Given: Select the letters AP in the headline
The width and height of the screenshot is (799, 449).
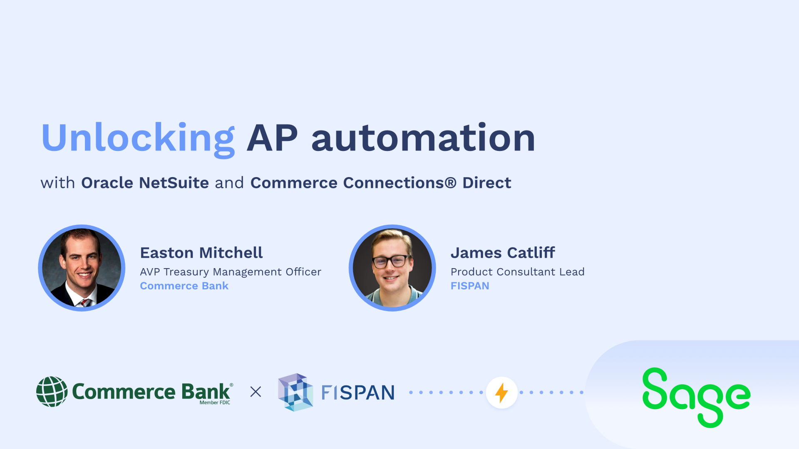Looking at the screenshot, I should pyautogui.click(x=273, y=138).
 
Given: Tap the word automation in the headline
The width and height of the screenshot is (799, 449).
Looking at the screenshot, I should pyautogui.click(x=423, y=138).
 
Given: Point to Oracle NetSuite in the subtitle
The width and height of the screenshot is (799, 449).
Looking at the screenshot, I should pyautogui.click(x=145, y=183).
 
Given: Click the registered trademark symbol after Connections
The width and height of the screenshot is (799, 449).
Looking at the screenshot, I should pyautogui.click(x=450, y=183).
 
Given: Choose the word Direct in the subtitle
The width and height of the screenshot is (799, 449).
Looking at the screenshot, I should pyautogui.click(x=486, y=183).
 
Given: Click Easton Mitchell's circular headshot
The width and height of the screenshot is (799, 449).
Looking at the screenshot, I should pyautogui.click(x=82, y=268).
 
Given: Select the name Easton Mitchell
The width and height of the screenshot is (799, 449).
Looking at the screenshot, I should pyautogui.click(x=201, y=253).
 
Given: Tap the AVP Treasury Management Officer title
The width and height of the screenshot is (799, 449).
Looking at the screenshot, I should pyautogui.click(x=231, y=272).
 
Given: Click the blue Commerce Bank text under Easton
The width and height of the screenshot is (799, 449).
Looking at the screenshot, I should pyautogui.click(x=184, y=286).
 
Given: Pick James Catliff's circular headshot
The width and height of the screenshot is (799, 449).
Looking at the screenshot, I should pyautogui.click(x=392, y=268).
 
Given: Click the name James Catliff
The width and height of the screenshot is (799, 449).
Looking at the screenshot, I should pyautogui.click(x=503, y=253).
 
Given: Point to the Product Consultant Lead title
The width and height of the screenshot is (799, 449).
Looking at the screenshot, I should pyautogui.click(x=517, y=272).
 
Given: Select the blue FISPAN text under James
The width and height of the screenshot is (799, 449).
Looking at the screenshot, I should pyautogui.click(x=470, y=286).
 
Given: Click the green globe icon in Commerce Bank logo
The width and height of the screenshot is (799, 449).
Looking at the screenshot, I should pyautogui.click(x=52, y=392).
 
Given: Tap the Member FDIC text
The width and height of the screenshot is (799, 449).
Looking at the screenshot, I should pyautogui.click(x=215, y=402).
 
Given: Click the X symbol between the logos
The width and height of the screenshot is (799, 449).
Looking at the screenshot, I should pyautogui.click(x=256, y=392).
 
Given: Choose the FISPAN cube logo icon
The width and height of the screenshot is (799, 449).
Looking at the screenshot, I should pyautogui.click(x=295, y=392).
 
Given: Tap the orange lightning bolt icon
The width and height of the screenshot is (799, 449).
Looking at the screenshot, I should pyautogui.click(x=501, y=392).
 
